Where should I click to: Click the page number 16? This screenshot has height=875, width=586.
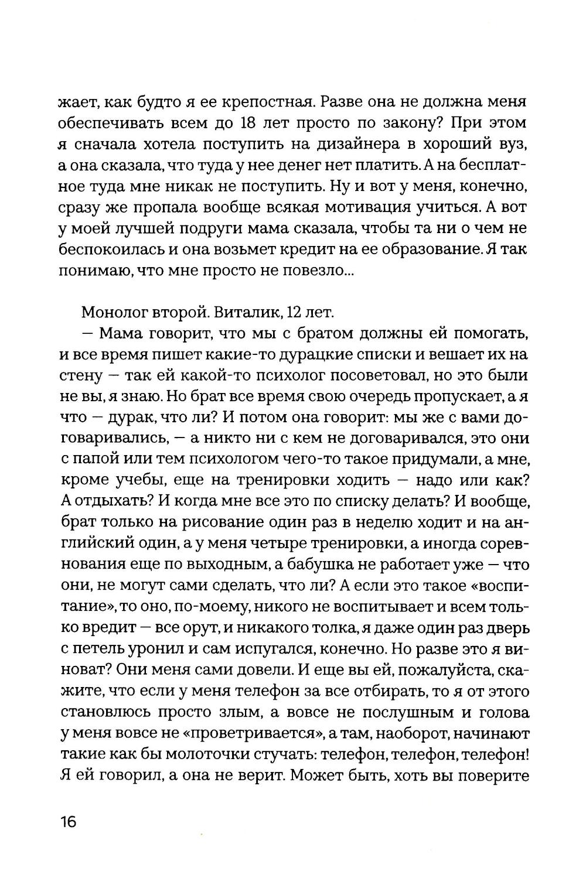click(x=68, y=821)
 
